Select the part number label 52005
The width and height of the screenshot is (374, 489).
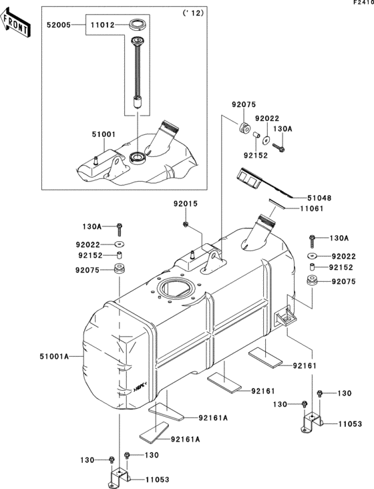pyautogui.click(x=59, y=25)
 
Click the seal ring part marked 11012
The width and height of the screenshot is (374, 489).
pyautogui.click(x=139, y=26)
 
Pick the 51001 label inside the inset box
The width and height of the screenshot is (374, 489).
pyautogui.click(x=104, y=134)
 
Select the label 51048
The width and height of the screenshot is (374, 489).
pyautogui.click(x=319, y=198)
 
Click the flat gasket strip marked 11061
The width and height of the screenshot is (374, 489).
pyautogui.click(x=274, y=203)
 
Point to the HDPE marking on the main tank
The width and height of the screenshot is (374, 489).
pyautogui.click(x=140, y=385)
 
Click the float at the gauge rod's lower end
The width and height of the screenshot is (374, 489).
pyautogui.click(x=138, y=103)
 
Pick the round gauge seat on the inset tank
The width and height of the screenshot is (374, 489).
pyautogui.click(x=140, y=158)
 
